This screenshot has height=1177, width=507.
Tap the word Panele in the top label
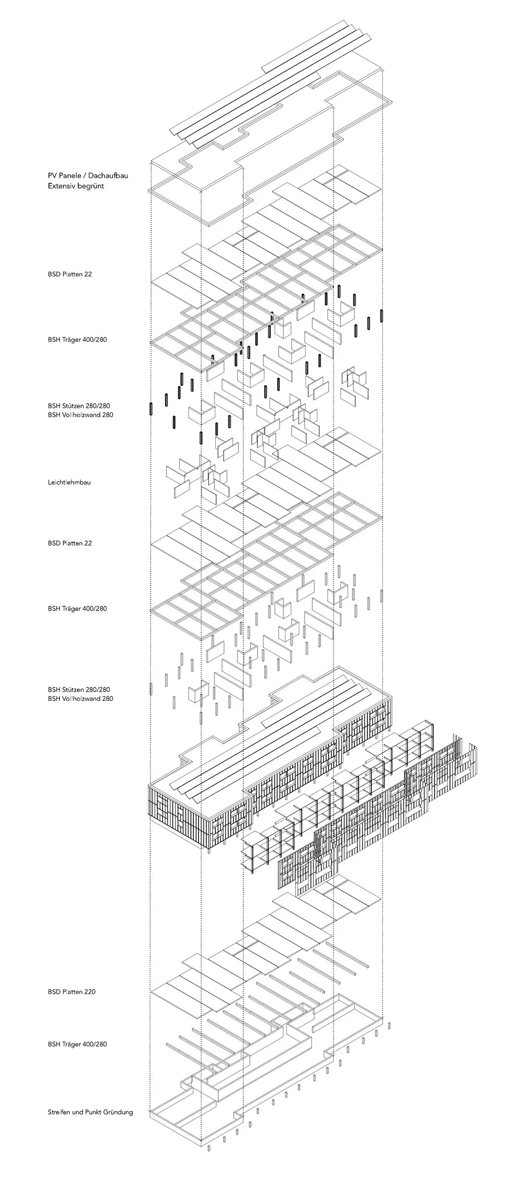pyautogui.click(x=70, y=175)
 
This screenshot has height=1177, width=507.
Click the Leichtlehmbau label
pyautogui.click(x=69, y=482)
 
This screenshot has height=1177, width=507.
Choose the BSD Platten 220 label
pyautogui.click(x=71, y=991)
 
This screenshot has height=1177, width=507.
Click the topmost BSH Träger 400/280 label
pyautogui.click(x=77, y=339)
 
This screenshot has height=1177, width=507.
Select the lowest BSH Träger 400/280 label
pyautogui.click(x=77, y=1044)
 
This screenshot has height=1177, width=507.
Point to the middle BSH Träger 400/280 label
pyautogui.click(x=77, y=608)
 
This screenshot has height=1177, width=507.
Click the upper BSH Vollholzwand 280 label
pyautogui.click(x=81, y=415)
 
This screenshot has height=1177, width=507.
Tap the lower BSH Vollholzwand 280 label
pyautogui.click(x=81, y=698)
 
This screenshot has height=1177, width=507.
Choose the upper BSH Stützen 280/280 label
pyautogui.click(x=79, y=406)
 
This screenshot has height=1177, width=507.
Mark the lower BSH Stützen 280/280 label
pyautogui.click(x=79, y=689)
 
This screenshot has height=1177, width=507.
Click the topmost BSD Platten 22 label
pyautogui.click(x=70, y=274)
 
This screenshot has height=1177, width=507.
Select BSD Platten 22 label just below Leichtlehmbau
pyautogui.click(x=70, y=543)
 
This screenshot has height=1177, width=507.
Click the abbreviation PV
pyautogui.click(x=52, y=175)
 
